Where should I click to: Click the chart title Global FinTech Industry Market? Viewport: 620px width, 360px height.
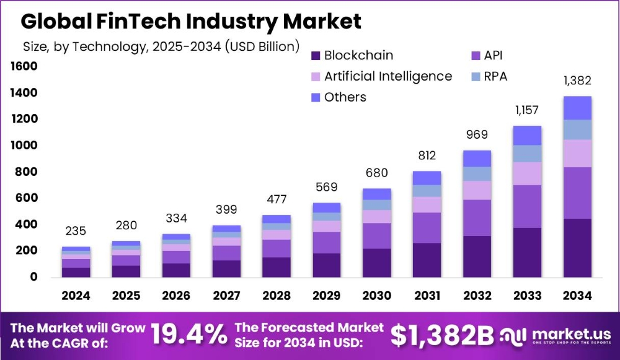click(191, 22)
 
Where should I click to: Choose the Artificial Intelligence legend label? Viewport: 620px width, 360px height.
click(387, 76)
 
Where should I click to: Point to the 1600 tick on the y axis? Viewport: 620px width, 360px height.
click(24, 66)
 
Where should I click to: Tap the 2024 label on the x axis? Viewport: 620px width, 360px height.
click(76, 296)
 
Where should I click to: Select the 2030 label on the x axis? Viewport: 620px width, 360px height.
click(376, 296)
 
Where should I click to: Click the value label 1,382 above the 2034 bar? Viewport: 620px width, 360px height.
click(577, 81)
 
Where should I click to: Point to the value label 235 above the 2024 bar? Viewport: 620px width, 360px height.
click(76, 231)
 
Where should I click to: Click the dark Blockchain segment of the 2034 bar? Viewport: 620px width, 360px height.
click(577, 247)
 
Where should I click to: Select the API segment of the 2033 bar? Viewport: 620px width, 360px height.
click(527, 206)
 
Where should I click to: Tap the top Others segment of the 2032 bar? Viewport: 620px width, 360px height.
click(477, 158)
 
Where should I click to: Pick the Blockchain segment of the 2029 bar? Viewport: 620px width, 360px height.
click(326, 265)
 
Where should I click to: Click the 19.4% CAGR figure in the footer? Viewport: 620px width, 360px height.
click(190, 335)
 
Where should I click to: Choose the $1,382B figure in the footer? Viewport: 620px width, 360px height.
click(442, 335)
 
